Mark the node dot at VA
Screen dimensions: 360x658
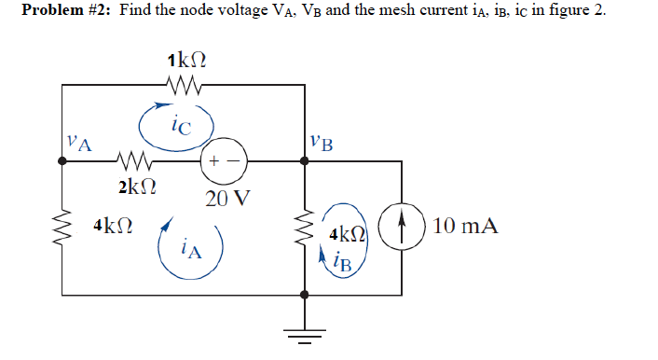pos(62,160)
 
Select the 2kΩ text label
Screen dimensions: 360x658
pos(137,187)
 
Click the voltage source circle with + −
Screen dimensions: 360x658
pos(224,160)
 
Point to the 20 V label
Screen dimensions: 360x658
pos(226,199)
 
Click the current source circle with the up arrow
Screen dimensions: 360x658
pos(402,227)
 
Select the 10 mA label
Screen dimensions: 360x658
pos(465,226)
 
